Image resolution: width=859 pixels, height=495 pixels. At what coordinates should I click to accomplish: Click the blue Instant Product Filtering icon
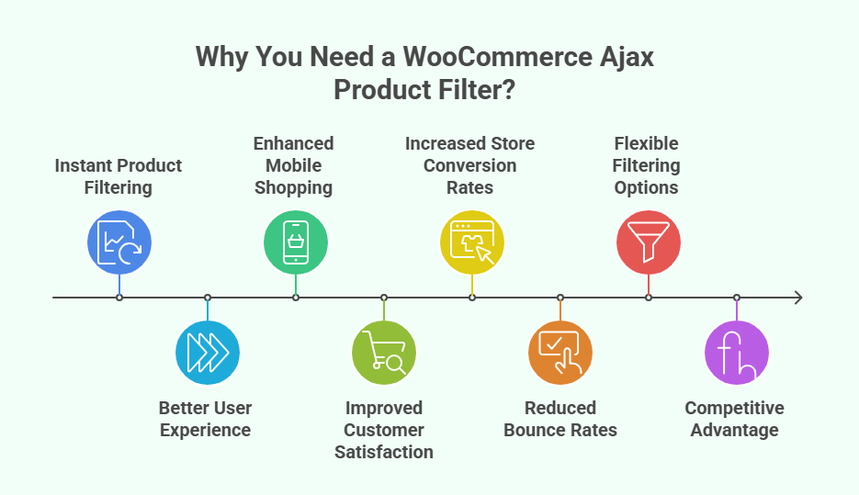[119, 242]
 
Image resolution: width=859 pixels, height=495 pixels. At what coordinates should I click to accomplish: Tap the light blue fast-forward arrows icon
[208, 353]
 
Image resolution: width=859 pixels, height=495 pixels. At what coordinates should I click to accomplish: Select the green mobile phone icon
[295, 242]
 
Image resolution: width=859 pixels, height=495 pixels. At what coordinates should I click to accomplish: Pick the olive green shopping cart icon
[384, 353]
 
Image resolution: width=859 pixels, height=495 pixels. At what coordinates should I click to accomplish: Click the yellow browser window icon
[471, 242]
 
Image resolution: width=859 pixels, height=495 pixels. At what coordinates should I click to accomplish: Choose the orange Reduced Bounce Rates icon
[560, 353]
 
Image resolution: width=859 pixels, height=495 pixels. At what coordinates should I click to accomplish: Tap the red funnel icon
[648, 242]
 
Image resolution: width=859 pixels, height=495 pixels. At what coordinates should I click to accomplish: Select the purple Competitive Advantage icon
[736, 353]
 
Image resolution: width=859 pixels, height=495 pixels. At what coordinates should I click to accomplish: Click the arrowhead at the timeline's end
[797, 298]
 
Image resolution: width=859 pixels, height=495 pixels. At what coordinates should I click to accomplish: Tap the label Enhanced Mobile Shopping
[294, 165]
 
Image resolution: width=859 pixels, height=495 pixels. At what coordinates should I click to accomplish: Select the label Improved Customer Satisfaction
[384, 430]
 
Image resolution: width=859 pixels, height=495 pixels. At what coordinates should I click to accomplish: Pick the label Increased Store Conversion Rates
[470, 165]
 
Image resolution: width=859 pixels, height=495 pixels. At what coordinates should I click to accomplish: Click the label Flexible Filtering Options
[647, 165]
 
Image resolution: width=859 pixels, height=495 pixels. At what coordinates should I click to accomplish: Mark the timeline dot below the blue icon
[119, 298]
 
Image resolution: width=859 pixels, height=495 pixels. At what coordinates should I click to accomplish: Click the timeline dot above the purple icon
[737, 298]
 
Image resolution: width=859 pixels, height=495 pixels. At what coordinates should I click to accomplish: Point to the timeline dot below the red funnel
[649, 298]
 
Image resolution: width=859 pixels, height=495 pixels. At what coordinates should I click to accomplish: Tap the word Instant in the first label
[85, 165]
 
